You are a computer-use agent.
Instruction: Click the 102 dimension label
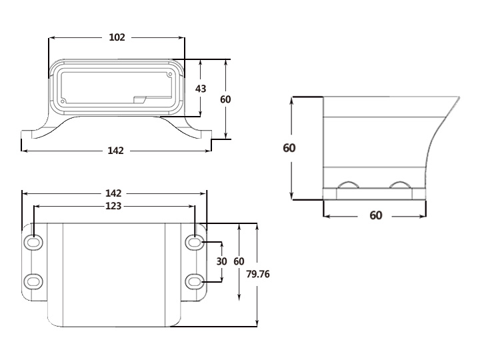(x=117, y=37)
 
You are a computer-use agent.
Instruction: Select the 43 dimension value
(x=201, y=89)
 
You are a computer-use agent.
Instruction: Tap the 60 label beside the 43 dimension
(x=225, y=99)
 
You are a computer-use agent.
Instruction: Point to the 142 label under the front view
(x=116, y=151)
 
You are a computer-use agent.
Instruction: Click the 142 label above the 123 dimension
(x=114, y=193)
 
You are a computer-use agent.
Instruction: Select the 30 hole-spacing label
(x=222, y=261)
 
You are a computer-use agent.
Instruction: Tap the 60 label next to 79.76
(x=239, y=261)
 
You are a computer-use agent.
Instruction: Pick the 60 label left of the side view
(x=289, y=148)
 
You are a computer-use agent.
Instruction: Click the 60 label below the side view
(x=376, y=215)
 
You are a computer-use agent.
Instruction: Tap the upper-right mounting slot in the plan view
(x=194, y=243)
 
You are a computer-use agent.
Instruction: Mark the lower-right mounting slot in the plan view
(x=194, y=281)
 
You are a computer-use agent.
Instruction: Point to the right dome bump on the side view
(x=401, y=185)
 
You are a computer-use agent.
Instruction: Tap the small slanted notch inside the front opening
(x=140, y=99)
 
